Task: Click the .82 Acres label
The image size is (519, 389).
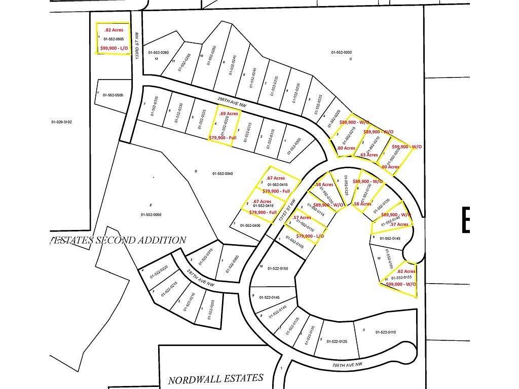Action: tap(114, 30)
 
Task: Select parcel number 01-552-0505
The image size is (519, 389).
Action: tap(113, 95)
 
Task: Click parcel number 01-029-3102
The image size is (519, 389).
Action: tap(62, 122)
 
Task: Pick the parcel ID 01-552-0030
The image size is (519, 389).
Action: tap(341, 52)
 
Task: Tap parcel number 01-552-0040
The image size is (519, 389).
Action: tap(223, 173)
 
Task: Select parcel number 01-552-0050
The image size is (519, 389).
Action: tap(151, 214)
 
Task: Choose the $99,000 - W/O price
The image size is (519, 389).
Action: tap(401, 284)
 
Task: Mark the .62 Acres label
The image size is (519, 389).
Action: tap(406, 271)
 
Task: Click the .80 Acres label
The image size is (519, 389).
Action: tap(346, 148)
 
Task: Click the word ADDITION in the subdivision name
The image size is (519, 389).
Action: tap(163, 240)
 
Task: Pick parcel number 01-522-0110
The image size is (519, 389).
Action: tap(385, 332)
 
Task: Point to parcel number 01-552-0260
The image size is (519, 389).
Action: tap(158, 52)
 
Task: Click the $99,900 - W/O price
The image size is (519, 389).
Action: tap(407, 146)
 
